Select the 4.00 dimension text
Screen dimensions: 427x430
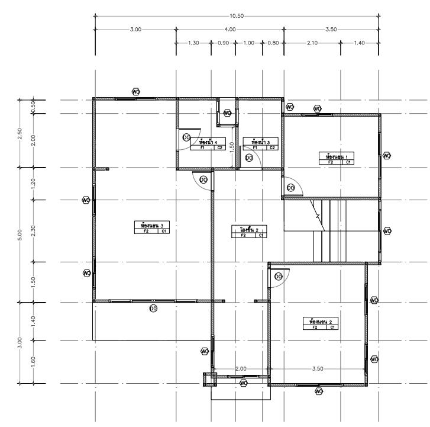[x=230, y=29]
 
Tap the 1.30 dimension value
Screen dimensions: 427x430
[x=193, y=43]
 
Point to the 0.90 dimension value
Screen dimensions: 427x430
[x=224, y=43]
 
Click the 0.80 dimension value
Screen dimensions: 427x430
[x=273, y=43]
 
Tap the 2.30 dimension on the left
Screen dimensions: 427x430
[x=33, y=230]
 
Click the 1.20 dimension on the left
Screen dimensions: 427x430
[x=33, y=183]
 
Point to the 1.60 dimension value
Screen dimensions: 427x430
[x=33, y=362]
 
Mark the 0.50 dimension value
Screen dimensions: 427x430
[x=33, y=106]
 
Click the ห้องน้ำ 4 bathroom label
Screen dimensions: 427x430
[x=211, y=142]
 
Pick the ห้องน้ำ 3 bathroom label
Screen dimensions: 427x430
[x=260, y=142]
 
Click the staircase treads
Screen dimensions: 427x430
[x=329, y=231]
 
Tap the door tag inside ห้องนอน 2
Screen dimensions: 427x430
[x=278, y=276]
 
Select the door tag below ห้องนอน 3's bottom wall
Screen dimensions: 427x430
[x=153, y=308]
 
